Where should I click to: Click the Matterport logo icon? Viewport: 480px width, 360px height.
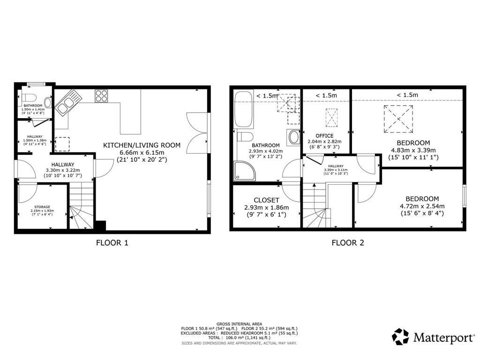click(x=400, y=337)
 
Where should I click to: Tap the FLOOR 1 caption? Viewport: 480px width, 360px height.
click(x=112, y=243)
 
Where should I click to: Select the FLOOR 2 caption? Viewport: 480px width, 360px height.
click(x=348, y=243)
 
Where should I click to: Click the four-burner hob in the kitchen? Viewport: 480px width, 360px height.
click(x=101, y=96)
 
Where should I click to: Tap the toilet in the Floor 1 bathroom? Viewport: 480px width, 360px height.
click(x=29, y=97)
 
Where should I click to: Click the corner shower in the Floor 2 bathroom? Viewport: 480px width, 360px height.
click(x=244, y=170)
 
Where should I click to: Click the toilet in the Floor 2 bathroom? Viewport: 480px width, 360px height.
click(x=245, y=136)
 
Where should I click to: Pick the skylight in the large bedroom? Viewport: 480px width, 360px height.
click(x=398, y=119)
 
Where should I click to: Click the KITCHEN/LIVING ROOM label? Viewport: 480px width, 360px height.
click(x=142, y=145)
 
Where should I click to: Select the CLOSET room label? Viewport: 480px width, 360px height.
click(x=266, y=200)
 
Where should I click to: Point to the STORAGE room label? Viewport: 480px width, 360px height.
click(x=42, y=207)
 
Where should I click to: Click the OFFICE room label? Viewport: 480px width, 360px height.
click(x=324, y=135)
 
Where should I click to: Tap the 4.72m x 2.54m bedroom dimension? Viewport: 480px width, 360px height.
click(x=422, y=206)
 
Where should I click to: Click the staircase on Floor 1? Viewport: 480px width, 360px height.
click(x=81, y=205)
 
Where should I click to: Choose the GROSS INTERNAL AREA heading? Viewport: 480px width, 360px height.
click(x=239, y=324)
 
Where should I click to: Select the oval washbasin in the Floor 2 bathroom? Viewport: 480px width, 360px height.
click(x=294, y=137)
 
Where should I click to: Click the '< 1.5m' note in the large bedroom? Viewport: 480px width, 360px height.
click(x=407, y=95)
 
